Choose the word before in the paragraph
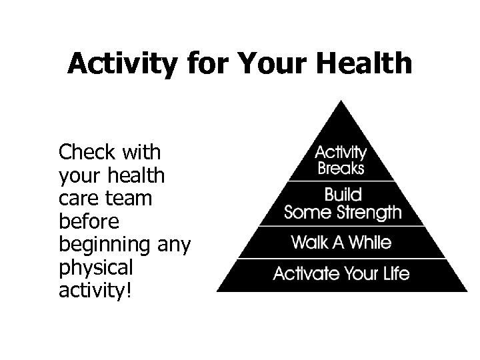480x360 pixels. [x=87, y=221]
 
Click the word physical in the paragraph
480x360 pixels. [x=96, y=268]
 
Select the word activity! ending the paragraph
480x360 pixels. [x=96, y=291]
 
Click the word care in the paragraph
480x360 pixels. [x=77, y=199]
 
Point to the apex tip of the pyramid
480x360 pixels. [x=342, y=102]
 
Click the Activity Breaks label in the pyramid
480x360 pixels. [x=341, y=159]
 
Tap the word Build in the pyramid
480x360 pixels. [x=343, y=195]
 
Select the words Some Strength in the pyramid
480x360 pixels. [x=343, y=213]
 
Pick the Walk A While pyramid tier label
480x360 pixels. [x=342, y=243]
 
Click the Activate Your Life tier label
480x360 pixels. [x=342, y=273]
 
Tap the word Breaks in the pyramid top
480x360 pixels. [x=341, y=168]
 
